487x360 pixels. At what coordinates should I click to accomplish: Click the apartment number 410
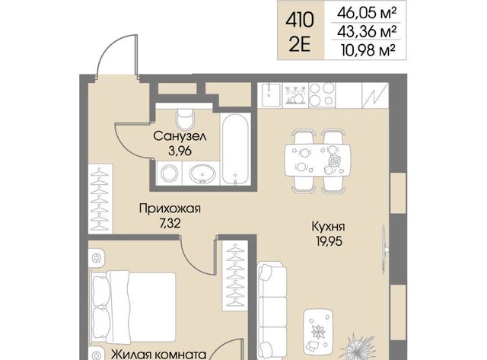click(300, 21)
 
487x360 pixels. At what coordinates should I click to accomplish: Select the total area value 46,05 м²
click(367, 13)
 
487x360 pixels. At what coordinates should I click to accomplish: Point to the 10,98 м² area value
click(368, 50)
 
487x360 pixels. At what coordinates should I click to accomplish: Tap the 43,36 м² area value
click(367, 31)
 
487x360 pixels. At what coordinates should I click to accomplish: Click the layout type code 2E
click(300, 46)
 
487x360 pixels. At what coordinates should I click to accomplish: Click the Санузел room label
click(180, 136)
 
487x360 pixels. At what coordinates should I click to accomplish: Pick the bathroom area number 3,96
click(180, 151)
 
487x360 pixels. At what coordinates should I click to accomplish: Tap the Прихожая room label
click(170, 208)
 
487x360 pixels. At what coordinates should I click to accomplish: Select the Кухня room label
click(328, 227)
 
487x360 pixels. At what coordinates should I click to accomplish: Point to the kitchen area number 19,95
click(329, 241)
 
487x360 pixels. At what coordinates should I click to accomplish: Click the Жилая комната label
click(159, 355)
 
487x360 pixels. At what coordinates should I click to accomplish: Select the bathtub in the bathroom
click(236, 148)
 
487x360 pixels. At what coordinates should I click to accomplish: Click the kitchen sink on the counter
click(271, 94)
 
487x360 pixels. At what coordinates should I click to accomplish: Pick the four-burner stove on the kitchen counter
click(322, 94)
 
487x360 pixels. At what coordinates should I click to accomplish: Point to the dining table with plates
click(318, 161)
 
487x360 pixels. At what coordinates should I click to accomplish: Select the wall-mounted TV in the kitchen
click(385, 250)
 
